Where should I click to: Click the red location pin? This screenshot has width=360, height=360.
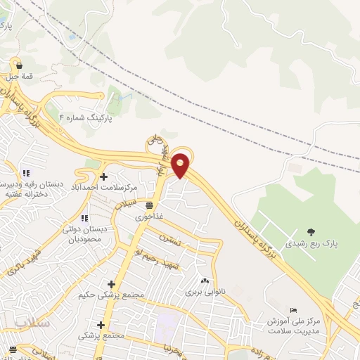181,164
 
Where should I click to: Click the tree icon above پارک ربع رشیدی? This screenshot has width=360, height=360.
311,232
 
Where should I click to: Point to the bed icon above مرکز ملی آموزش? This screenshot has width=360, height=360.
293,311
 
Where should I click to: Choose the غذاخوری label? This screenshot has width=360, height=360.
149,217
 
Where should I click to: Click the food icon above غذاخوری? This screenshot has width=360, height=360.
149,205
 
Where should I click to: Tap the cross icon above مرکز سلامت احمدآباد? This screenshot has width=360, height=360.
104,176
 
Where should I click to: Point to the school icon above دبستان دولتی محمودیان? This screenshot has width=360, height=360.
85,218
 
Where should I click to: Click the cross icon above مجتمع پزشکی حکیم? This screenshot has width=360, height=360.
111,283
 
